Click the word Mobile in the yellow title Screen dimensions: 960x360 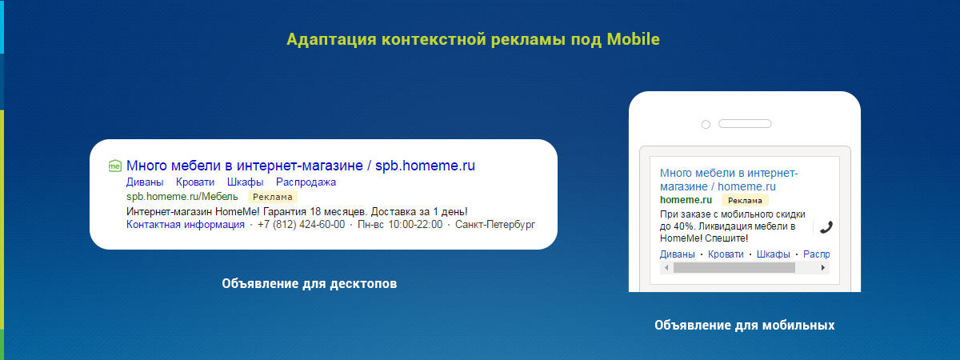click(633, 39)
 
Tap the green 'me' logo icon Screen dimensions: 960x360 click(115, 166)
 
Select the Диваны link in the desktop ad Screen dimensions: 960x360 click(145, 182)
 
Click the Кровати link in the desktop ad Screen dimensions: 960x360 click(195, 182)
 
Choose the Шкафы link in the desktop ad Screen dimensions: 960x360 click(245, 182)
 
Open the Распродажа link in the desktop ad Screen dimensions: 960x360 click(306, 182)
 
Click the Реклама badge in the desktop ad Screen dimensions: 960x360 click(273, 197)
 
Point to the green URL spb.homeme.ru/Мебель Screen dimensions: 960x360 click(182, 196)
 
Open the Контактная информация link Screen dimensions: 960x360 click(185, 225)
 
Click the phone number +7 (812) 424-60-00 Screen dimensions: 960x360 click(302, 225)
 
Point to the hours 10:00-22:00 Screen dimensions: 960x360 click(415, 225)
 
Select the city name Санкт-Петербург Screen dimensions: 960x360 click(495, 225)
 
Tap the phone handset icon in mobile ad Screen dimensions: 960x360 click(826, 226)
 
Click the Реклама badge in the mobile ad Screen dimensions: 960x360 click(745, 200)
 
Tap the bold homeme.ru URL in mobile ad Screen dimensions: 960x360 click(686, 200)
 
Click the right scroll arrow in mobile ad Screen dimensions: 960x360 click(823, 268)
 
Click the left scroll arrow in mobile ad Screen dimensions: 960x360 click(666, 268)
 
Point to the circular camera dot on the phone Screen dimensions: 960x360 click(706, 124)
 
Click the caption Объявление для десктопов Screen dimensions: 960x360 click(310, 284)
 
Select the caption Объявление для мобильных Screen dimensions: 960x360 click(745, 326)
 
